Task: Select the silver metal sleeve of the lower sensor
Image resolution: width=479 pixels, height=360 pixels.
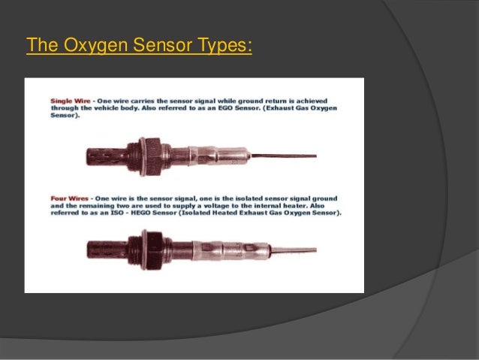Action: (218, 250)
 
